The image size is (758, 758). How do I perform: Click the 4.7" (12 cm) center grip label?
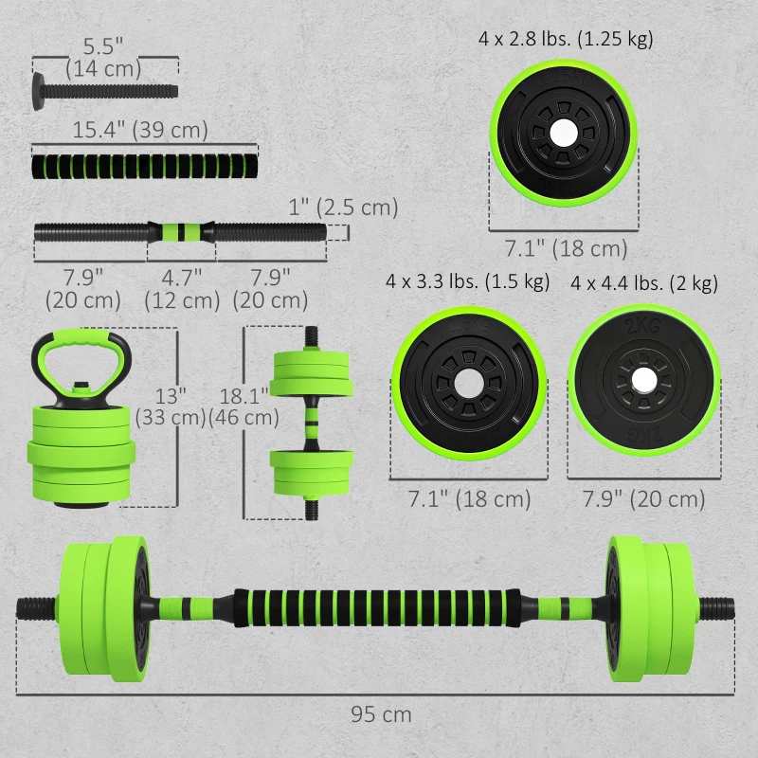(181, 288)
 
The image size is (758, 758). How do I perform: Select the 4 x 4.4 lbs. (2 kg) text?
(644, 283)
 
